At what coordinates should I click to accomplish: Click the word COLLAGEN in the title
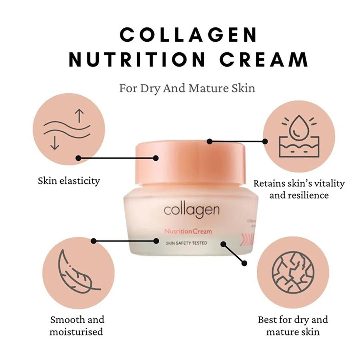tap(188, 35)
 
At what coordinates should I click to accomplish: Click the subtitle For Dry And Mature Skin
tap(187, 89)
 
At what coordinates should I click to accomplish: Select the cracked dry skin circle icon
tap(293, 270)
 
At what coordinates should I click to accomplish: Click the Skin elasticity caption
tap(69, 181)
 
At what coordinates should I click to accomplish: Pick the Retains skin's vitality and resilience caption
tap(299, 189)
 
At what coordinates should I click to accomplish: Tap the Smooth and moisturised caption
tap(77, 326)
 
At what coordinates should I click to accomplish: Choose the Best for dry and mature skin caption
tap(293, 326)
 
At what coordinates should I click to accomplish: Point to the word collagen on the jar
tap(191, 210)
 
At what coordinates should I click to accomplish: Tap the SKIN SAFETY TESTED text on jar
tap(186, 243)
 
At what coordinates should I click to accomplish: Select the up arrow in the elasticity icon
tap(79, 115)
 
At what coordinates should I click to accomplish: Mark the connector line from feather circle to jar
tap(125, 240)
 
